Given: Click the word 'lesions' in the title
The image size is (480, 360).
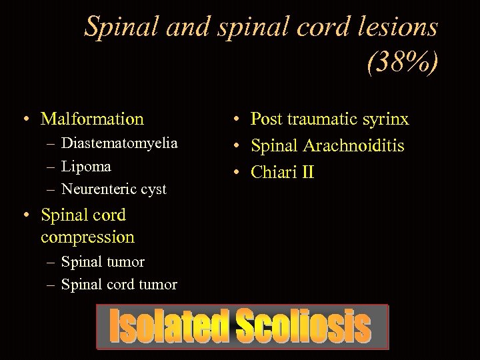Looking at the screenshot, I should click(x=397, y=27).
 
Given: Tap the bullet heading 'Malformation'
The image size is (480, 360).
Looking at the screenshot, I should click(x=92, y=119).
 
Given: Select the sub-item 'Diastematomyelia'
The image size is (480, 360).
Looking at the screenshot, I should click(x=119, y=143).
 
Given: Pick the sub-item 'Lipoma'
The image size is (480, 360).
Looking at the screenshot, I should click(x=86, y=166).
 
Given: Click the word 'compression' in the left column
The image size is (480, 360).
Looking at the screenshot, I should click(x=87, y=237).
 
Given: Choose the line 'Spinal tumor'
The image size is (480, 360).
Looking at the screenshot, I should click(x=103, y=261).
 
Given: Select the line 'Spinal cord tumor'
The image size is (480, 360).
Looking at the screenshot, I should click(x=119, y=285).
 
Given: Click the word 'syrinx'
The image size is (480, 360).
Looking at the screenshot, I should click(x=385, y=119).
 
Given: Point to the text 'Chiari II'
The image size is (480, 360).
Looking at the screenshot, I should click(x=282, y=172).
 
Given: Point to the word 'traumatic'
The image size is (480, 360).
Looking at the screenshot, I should click(x=318, y=119).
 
